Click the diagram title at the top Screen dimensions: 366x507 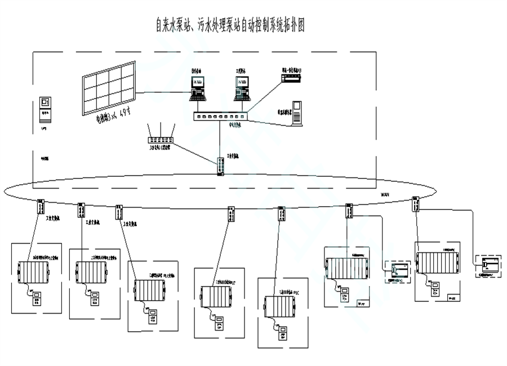[230, 25]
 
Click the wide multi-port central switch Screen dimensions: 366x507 [220, 117]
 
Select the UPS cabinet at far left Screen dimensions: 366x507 [45, 109]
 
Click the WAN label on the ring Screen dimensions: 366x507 [385, 194]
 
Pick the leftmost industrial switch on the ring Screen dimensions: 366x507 [41, 206]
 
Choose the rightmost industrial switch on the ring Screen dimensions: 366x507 [416, 203]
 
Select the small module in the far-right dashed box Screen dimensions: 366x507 [488, 264]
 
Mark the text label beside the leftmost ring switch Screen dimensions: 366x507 [55, 216]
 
